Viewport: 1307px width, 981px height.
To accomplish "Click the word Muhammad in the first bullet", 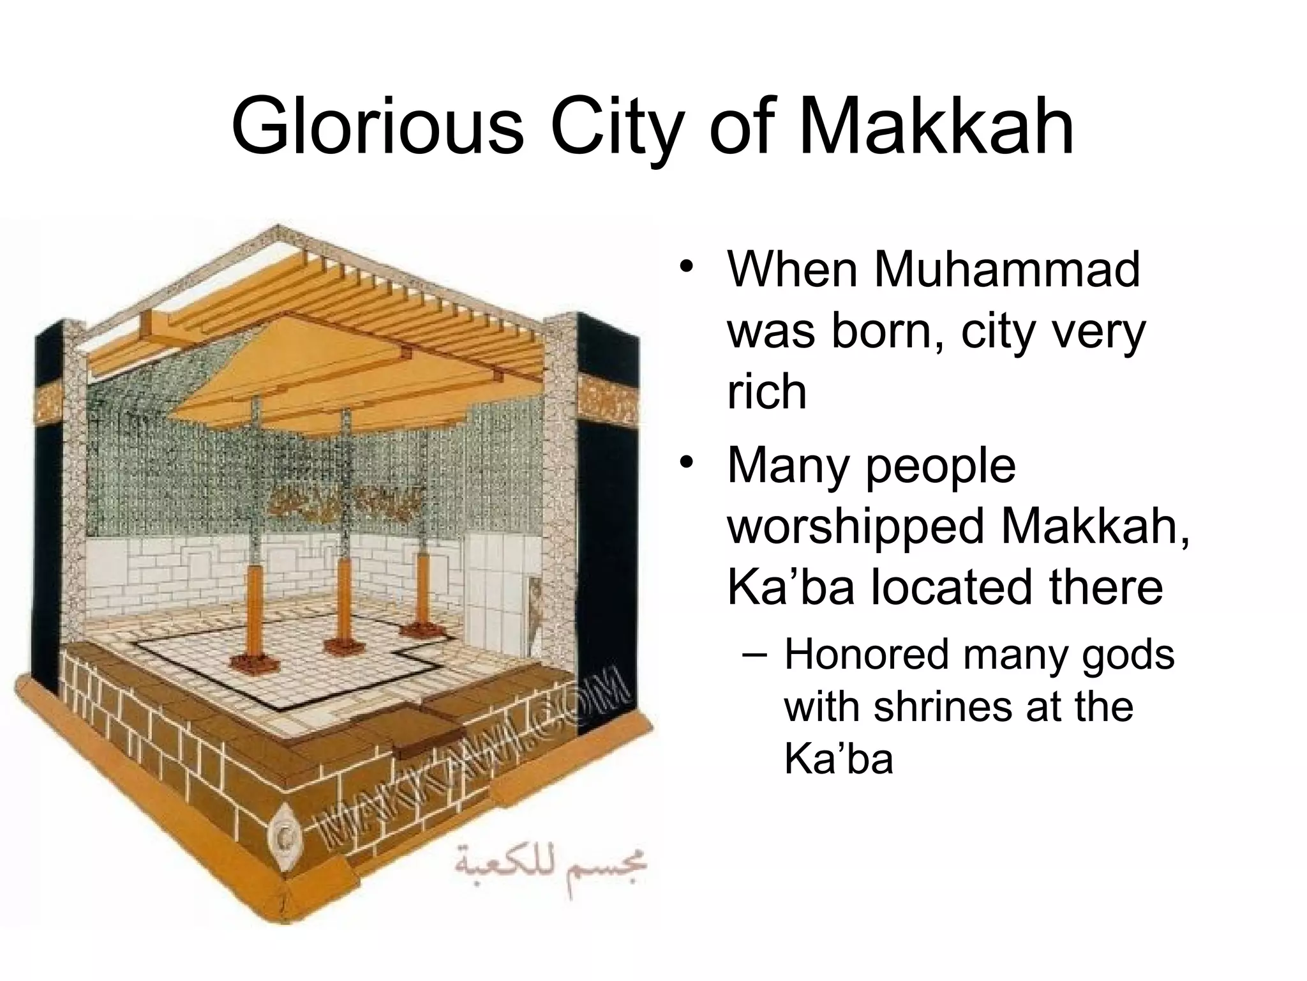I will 1006,271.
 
